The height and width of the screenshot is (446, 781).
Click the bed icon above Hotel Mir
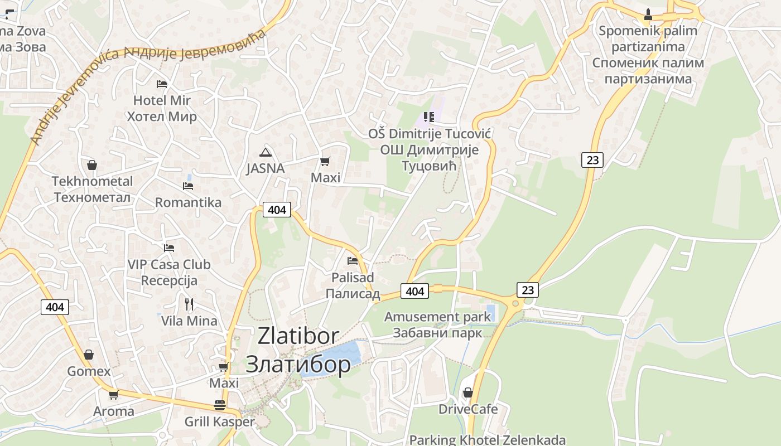click(162, 84)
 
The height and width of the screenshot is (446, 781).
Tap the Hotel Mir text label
click(162, 108)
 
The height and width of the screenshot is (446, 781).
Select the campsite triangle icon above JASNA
click(265, 152)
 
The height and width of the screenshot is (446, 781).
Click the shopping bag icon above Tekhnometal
click(92, 165)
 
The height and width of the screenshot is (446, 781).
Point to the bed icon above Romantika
click(188, 186)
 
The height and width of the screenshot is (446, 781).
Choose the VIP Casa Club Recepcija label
click(169, 272)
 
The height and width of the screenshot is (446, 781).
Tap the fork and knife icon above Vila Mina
click(189, 304)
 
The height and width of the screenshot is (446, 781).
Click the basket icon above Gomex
click(89, 355)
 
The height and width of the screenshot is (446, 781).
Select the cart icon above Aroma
click(113, 395)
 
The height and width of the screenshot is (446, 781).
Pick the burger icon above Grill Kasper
click(220, 405)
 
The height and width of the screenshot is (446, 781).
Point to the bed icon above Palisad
click(352, 260)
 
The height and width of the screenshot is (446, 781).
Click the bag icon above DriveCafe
click(468, 392)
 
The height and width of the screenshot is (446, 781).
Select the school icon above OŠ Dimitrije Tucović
click(428, 117)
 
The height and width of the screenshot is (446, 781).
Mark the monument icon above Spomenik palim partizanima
click(648, 14)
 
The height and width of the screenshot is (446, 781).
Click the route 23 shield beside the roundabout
click(528, 290)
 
